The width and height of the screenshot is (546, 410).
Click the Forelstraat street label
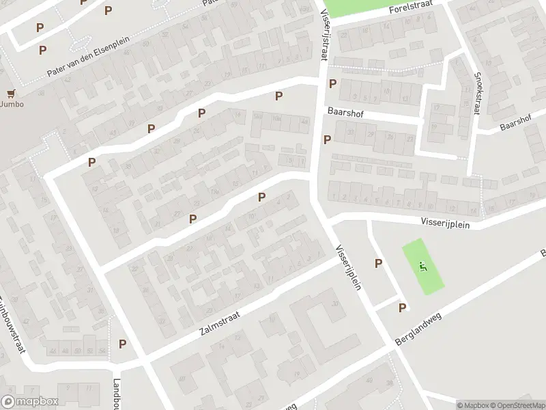(x=412, y=9)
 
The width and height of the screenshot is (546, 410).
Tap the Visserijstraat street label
(x=324, y=31)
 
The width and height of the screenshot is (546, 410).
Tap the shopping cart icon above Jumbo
(x=10, y=93)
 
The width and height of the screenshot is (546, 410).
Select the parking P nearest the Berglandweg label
(x=403, y=307)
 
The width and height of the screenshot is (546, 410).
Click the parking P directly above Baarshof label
(x=332, y=84)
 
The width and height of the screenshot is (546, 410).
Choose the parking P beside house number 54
(x=123, y=344)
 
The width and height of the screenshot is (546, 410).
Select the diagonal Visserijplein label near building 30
(x=349, y=267)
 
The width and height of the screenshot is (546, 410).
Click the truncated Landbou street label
(x=117, y=392)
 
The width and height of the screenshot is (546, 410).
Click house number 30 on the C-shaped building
(x=334, y=303)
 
